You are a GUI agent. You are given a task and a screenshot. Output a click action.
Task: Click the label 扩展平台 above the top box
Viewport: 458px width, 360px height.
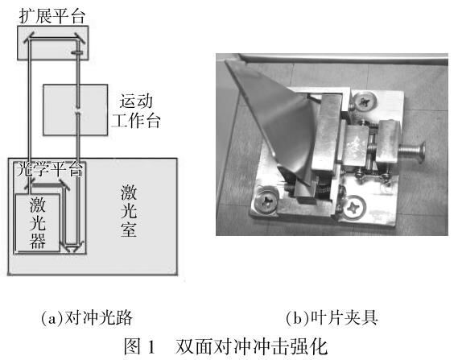(x=52, y=16)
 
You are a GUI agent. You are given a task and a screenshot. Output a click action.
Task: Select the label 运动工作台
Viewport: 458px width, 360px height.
(x=136, y=111)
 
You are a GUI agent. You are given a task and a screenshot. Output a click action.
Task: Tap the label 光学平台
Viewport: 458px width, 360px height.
(x=50, y=169)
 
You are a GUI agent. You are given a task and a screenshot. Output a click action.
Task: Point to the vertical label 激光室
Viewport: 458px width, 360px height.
(x=129, y=211)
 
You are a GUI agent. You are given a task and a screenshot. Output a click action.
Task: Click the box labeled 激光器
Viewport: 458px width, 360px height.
(x=37, y=222)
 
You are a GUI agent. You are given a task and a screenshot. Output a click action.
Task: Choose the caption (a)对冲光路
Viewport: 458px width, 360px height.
(x=87, y=318)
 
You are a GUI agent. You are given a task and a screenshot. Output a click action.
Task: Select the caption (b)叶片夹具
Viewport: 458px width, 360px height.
(x=332, y=318)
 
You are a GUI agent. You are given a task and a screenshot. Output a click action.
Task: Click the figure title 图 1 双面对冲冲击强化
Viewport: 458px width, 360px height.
(x=225, y=347)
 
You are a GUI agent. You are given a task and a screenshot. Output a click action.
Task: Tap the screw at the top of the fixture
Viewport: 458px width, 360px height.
(x=365, y=101)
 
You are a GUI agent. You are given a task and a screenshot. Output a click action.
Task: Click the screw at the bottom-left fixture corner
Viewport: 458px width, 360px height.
(x=266, y=201)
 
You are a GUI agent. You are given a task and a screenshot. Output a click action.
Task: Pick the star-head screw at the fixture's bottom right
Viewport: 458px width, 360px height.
(x=354, y=207)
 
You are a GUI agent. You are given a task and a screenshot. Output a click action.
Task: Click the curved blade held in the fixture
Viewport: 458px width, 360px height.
(x=280, y=122)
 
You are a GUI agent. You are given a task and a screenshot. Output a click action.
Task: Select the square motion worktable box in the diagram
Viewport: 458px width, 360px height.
(x=76, y=110)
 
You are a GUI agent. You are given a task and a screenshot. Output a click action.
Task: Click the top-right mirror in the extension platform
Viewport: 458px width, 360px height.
(x=79, y=38)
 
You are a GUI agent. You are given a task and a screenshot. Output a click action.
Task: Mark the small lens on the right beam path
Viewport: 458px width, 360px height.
(x=77, y=52)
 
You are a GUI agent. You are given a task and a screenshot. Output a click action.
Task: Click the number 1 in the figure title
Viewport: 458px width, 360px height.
(x=151, y=347)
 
